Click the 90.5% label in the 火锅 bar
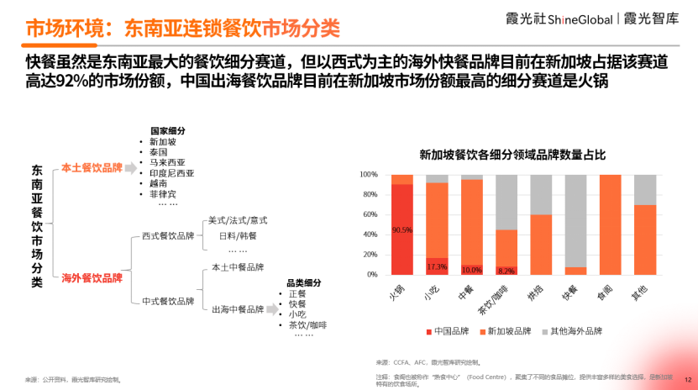click(402, 229)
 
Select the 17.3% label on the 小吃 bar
click(437, 267)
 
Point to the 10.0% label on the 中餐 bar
click(471, 270)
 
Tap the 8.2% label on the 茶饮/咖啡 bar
click(506, 271)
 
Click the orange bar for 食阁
click(610, 224)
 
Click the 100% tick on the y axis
click(369, 175)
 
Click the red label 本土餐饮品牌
click(92, 167)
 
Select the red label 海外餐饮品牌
click(92, 277)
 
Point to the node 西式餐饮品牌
click(168, 236)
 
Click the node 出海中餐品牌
click(238, 308)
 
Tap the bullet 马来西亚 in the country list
click(167, 162)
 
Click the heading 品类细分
click(304, 283)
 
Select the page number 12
click(687, 379)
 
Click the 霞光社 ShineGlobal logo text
click(575, 18)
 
